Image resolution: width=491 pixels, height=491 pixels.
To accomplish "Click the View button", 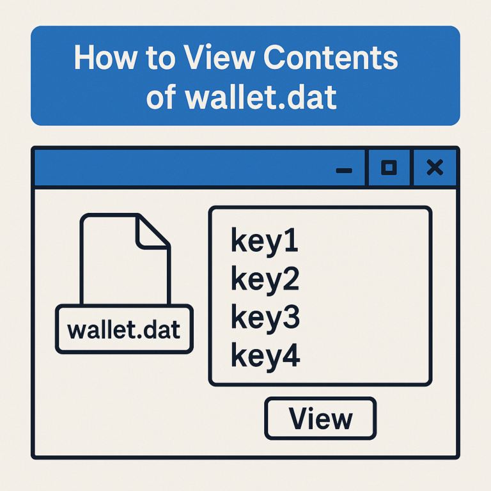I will pyautogui.click(x=320, y=419).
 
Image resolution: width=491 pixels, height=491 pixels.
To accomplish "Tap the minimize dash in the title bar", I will pyautogui.click(x=344, y=169).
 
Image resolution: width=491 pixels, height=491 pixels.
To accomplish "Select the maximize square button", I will pyautogui.click(x=389, y=168).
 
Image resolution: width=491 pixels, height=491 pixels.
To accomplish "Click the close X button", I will pyautogui.click(x=435, y=168).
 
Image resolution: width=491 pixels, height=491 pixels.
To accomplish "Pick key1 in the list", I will pyautogui.click(x=264, y=242).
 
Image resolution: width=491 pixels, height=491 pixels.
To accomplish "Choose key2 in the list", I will pyautogui.click(x=265, y=280).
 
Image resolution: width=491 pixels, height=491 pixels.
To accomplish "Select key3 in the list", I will pyautogui.click(x=265, y=318).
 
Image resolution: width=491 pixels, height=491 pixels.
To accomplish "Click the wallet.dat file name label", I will pyautogui.click(x=124, y=329).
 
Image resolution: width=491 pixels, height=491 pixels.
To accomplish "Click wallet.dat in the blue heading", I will pyautogui.click(x=261, y=98).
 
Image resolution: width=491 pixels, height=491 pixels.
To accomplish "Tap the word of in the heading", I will pyautogui.click(x=160, y=98).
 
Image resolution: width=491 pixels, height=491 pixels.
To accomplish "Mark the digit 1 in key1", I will pyautogui.click(x=291, y=242).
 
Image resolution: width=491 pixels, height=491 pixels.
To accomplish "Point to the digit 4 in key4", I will pyautogui.click(x=291, y=355).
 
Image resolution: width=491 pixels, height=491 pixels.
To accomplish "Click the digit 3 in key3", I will pyautogui.click(x=290, y=318).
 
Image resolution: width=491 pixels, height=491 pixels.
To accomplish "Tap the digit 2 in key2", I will pyautogui.click(x=290, y=280).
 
